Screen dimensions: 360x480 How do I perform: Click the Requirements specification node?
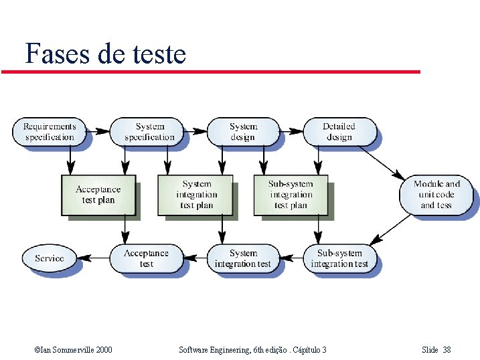coord(50,132)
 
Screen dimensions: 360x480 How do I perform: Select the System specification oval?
coord(149,132)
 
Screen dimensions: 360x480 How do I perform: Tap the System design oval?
coord(243,132)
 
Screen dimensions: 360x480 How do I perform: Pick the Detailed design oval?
coord(339,132)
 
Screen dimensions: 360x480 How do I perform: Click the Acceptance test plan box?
coord(98,195)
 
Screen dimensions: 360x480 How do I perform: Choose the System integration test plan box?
coord(196,195)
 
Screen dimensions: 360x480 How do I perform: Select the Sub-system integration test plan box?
coord(291,195)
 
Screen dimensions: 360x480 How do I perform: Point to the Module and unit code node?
coord(436,195)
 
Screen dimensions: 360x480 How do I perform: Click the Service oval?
coord(50,258)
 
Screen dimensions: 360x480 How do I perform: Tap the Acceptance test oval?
coord(146,258)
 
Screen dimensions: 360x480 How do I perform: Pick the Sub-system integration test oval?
coord(339,258)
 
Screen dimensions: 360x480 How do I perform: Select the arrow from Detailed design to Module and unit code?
coord(386,160)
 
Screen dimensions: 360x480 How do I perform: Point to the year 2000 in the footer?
coord(102,350)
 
